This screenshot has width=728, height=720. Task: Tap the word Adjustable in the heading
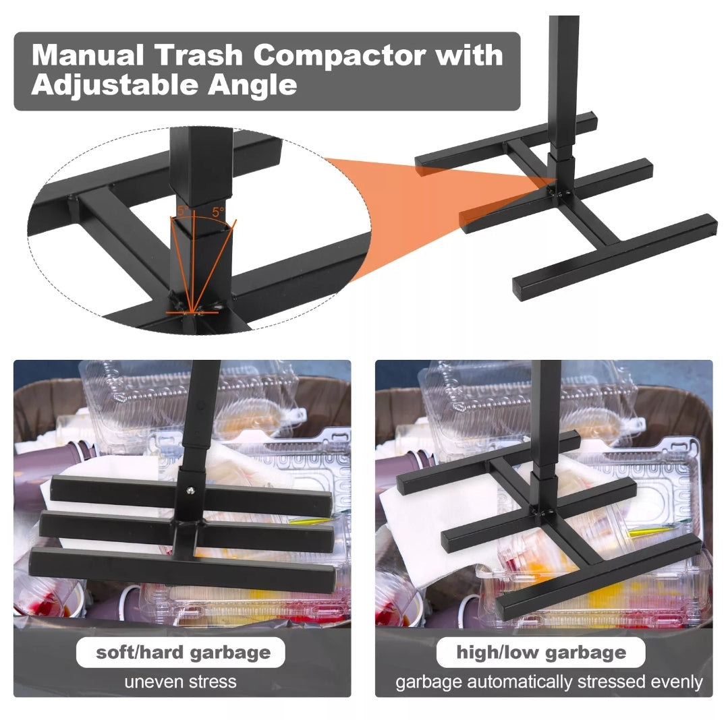tap(115, 86)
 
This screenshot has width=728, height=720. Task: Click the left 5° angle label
tap(182, 211)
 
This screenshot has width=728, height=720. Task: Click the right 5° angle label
tap(218, 212)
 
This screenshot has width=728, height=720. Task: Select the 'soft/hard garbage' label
tap(183, 653)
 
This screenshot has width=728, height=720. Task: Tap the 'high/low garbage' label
tap(541, 653)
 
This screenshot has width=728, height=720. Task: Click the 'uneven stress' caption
tap(181, 682)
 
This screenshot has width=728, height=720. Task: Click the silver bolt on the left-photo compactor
tap(190, 490)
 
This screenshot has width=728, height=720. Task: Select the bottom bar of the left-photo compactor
tap(182, 569)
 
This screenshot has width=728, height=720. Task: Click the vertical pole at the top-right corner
tap(563, 84)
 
